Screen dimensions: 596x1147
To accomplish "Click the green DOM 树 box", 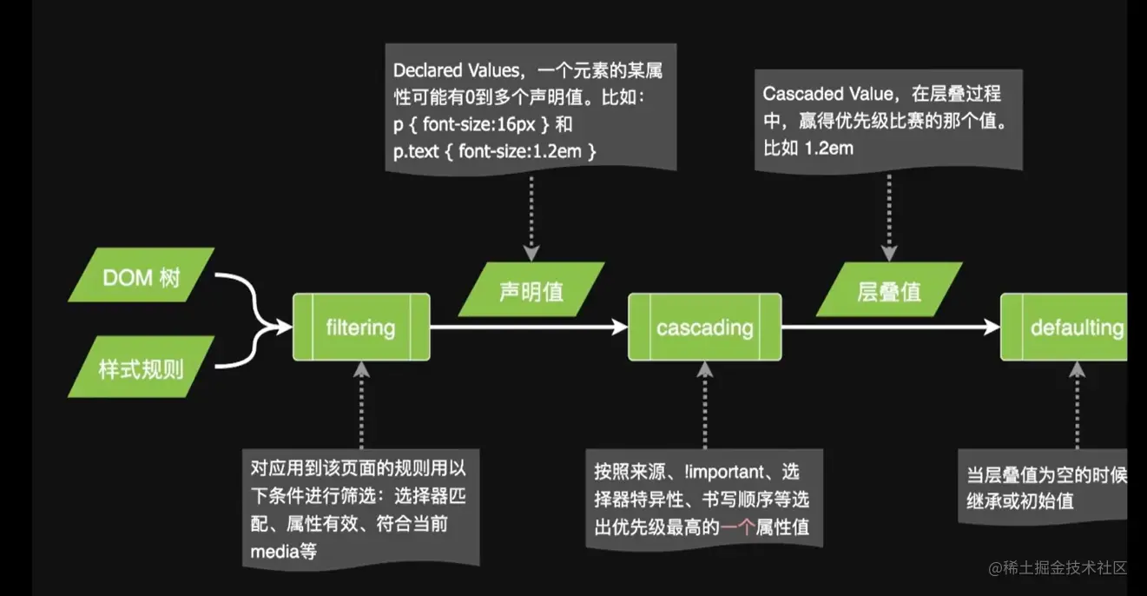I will (141, 275).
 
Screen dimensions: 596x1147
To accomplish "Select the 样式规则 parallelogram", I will (141, 367).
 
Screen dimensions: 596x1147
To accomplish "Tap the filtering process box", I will (360, 328).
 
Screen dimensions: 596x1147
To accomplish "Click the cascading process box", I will (704, 328).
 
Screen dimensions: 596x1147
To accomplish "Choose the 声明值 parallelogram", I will (531, 290).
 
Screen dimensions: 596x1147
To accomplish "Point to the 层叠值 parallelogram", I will (888, 290).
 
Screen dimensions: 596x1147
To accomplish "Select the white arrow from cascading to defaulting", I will (890, 328).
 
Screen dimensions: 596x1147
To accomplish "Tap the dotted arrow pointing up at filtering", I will (361, 404).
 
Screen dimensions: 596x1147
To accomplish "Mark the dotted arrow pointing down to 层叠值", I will (888, 213).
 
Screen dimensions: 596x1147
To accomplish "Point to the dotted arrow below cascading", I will (705, 404).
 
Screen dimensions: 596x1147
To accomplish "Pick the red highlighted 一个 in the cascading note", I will (738, 526).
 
